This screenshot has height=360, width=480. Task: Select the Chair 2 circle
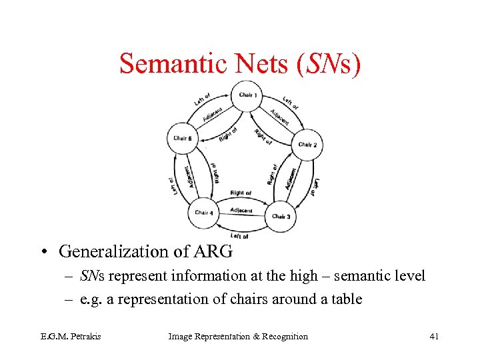[x=307, y=145]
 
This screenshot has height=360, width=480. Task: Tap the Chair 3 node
[x=281, y=216]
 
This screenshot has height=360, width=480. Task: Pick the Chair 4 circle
[x=203, y=213]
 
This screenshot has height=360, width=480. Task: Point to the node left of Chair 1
[x=182, y=139]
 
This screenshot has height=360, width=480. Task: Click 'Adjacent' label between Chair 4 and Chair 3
[x=241, y=210]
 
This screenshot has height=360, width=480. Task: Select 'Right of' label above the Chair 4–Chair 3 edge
[x=241, y=193]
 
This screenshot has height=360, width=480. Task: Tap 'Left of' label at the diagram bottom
[x=239, y=236]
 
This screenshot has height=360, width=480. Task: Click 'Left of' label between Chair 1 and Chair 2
[x=290, y=103]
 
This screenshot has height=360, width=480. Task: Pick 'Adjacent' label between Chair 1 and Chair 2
[x=279, y=116]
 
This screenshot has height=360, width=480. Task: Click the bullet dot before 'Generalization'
[x=43, y=252]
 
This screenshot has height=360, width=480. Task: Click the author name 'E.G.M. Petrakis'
[x=61, y=336]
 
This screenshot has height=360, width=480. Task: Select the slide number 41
[x=434, y=336]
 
